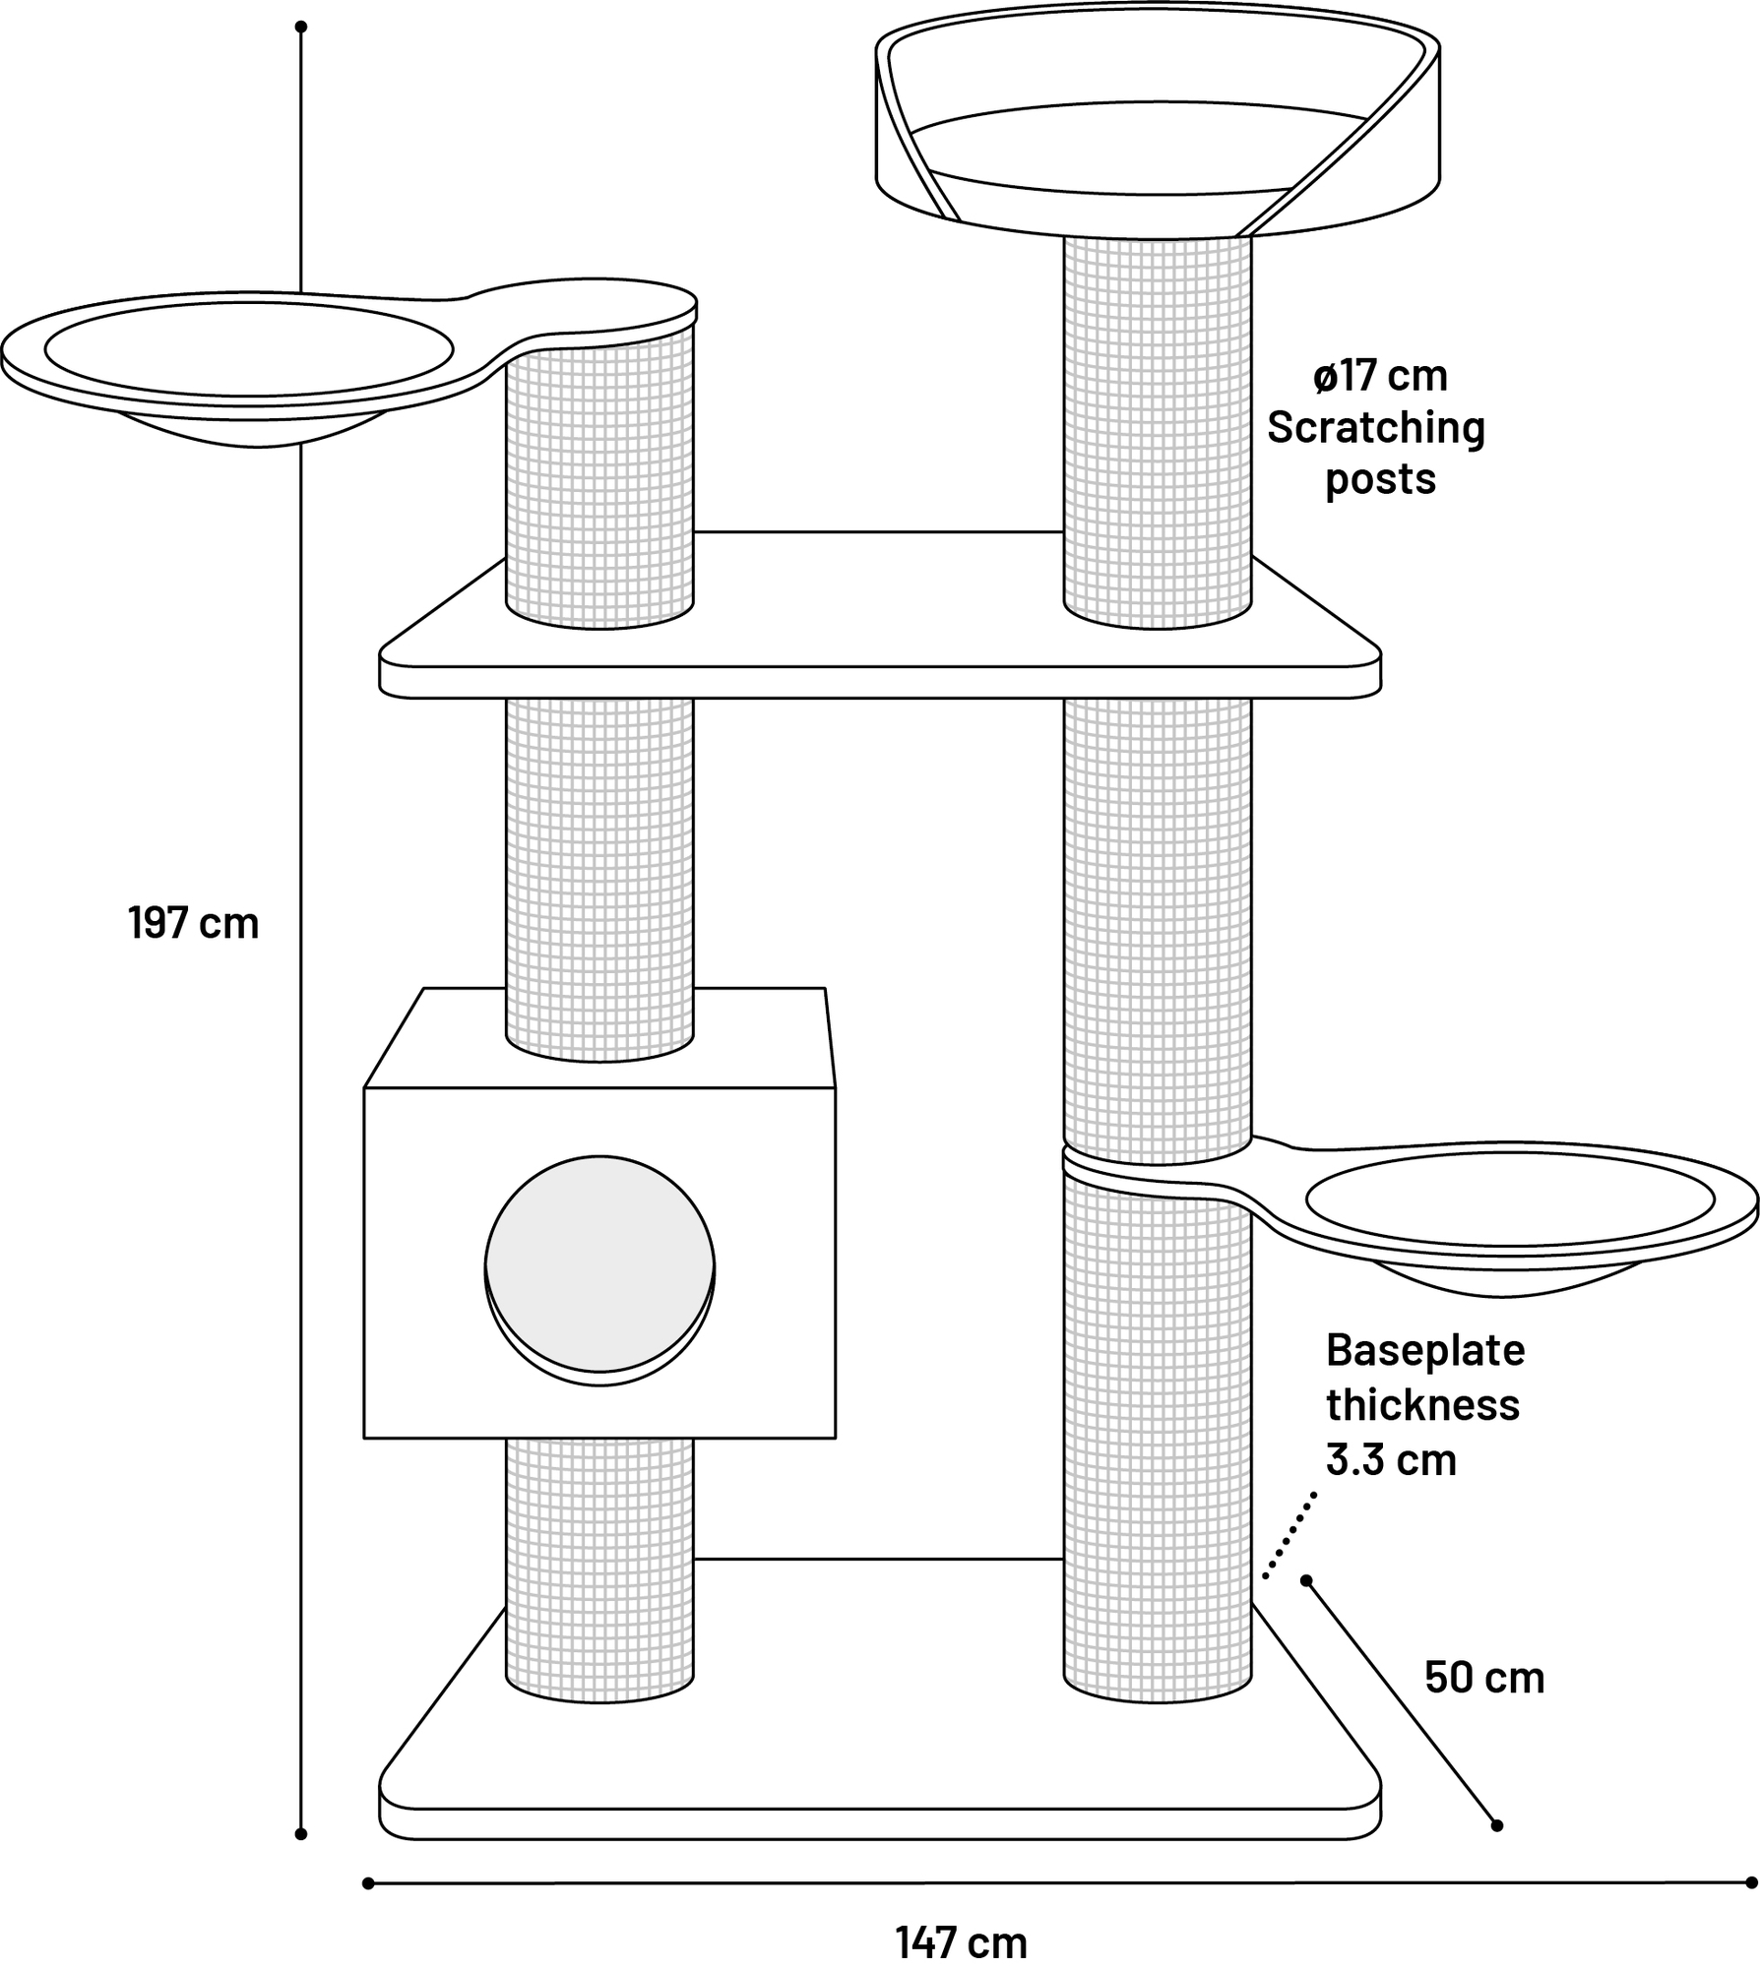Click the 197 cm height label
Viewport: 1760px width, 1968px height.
coord(193,924)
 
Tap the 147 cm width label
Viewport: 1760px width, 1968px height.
coord(961,1942)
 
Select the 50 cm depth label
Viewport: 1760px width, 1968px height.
coord(1484,1678)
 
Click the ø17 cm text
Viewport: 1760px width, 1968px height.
coord(1380,376)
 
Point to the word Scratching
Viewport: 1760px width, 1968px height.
coord(1375,428)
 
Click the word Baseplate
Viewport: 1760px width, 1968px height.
coord(1424,1350)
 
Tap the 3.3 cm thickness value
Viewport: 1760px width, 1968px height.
coord(1391,1459)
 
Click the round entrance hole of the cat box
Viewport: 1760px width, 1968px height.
coord(599,1264)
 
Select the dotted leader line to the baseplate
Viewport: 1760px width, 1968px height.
coord(1289,1535)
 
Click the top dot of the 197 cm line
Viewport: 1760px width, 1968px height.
coord(301,27)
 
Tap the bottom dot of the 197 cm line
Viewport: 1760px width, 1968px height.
coord(301,1834)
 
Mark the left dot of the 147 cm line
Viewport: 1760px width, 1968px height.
coord(368,1883)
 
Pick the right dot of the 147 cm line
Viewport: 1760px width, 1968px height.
coord(1751,1882)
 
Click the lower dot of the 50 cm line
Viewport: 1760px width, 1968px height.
coord(1497,1825)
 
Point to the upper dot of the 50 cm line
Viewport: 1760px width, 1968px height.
coord(1306,1581)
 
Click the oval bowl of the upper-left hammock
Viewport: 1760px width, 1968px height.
coord(248,350)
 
